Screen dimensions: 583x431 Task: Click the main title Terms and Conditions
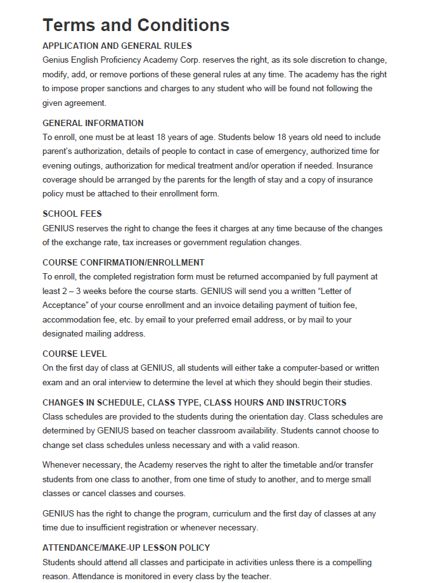[x=136, y=25]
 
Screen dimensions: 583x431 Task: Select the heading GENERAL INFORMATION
[x=93, y=123]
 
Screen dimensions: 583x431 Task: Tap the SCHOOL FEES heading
[x=72, y=214]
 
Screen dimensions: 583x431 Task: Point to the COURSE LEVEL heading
[x=74, y=354]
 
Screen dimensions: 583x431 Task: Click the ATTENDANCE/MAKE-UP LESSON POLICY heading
[x=126, y=548]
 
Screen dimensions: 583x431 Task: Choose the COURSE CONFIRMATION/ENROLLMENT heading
[x=123, y=262]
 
